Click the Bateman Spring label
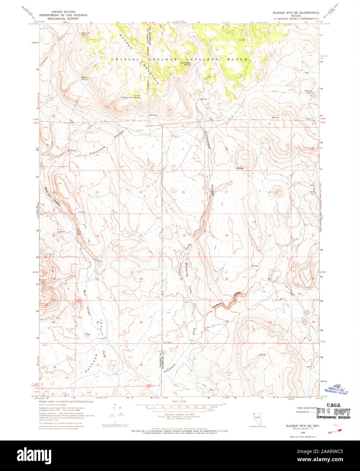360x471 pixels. click(309, 91)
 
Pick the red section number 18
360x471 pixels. click(183, 192)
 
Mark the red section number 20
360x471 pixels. click(227, 235)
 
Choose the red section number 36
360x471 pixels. click(141, 365)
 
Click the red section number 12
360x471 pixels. click(140, 192)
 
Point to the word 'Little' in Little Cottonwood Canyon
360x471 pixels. click(72, 150)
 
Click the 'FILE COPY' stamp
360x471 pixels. click(334, 413)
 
